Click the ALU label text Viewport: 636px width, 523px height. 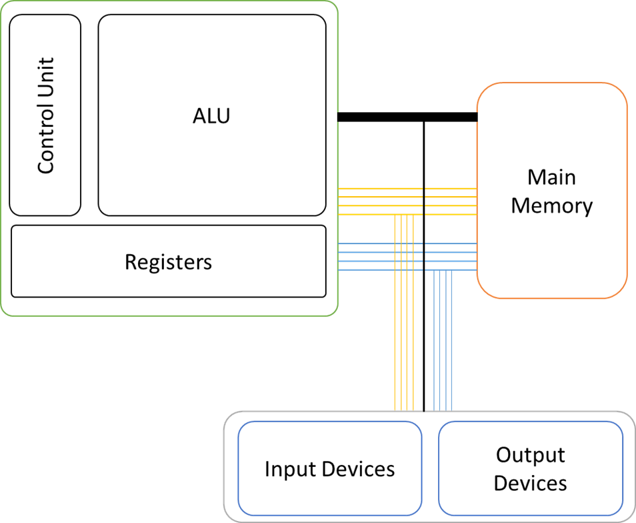[211, 115]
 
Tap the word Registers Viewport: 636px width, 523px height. [168, 261]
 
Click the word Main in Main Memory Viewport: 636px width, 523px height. [551, 177]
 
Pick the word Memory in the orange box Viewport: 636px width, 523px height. [551, 205]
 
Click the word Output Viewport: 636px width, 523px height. [530, 455]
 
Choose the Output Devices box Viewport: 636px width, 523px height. [530, 504]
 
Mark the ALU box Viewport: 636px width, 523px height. [211, 167]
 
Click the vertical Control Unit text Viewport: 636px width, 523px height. [45, 115]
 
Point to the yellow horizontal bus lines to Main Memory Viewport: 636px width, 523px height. [380, 201]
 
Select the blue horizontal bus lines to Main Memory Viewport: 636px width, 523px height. [380, 257]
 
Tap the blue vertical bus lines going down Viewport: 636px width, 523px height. [443, 347]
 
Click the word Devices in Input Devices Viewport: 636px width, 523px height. [360, 469]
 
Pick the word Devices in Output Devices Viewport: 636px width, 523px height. [530, 483]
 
